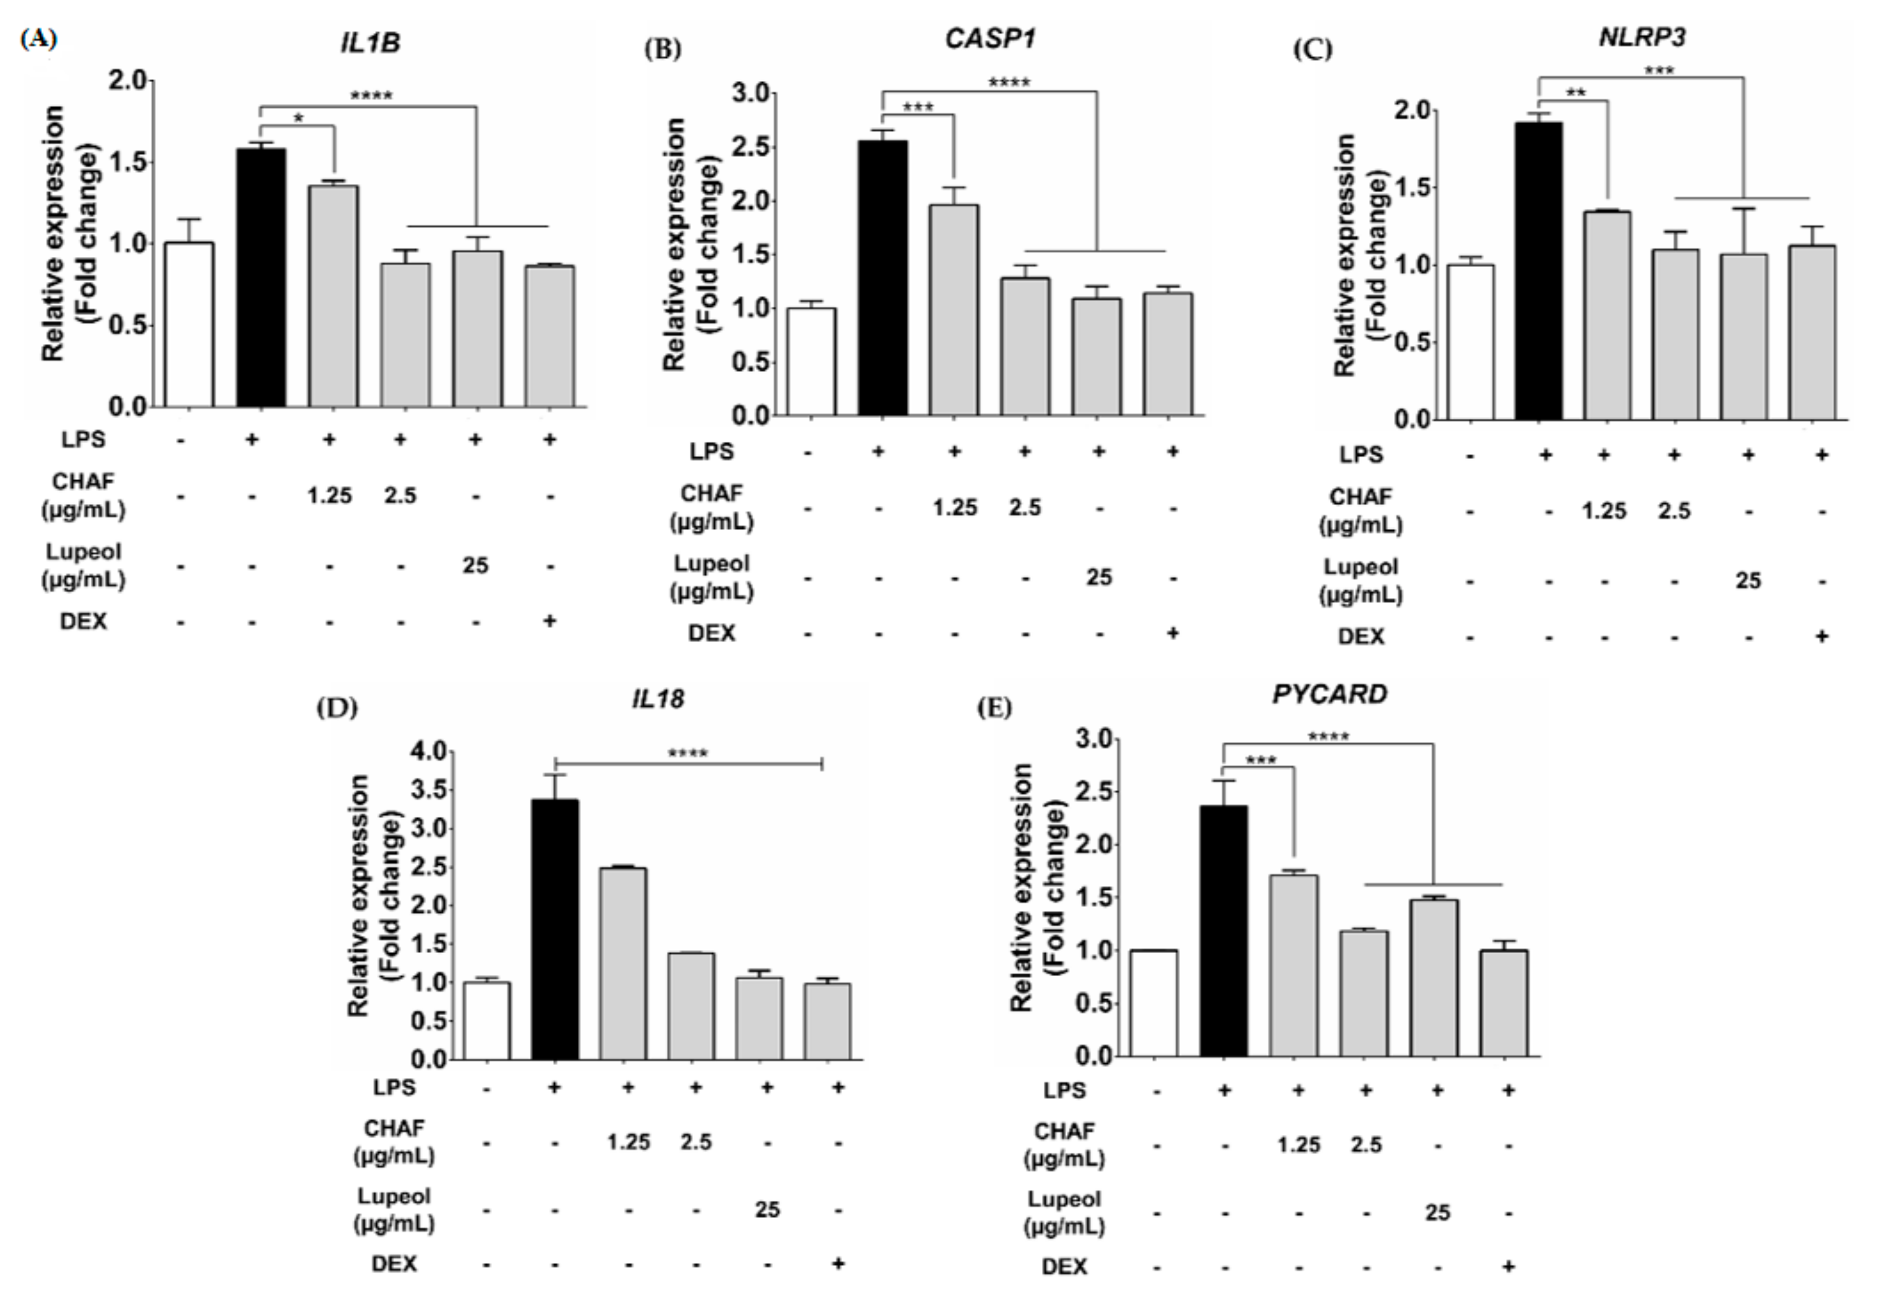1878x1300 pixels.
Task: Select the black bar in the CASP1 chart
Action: [x=883, y=278]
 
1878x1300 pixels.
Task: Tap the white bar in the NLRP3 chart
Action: [x=1470, y=342]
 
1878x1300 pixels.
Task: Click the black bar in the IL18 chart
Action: [x=555, y=929]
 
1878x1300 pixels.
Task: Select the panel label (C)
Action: [x=1312, y=49]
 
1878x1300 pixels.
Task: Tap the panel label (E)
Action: [x=994, y=708]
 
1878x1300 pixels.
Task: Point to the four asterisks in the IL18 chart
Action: [x=687, y=753]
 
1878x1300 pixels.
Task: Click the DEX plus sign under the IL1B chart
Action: [x=550, y=621]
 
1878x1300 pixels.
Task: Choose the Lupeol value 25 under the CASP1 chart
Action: [x=1099, y=578]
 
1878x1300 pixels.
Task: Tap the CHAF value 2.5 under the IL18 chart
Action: [x=696, y=1142]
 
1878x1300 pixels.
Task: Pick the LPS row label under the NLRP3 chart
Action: [x=1360, y=455]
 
